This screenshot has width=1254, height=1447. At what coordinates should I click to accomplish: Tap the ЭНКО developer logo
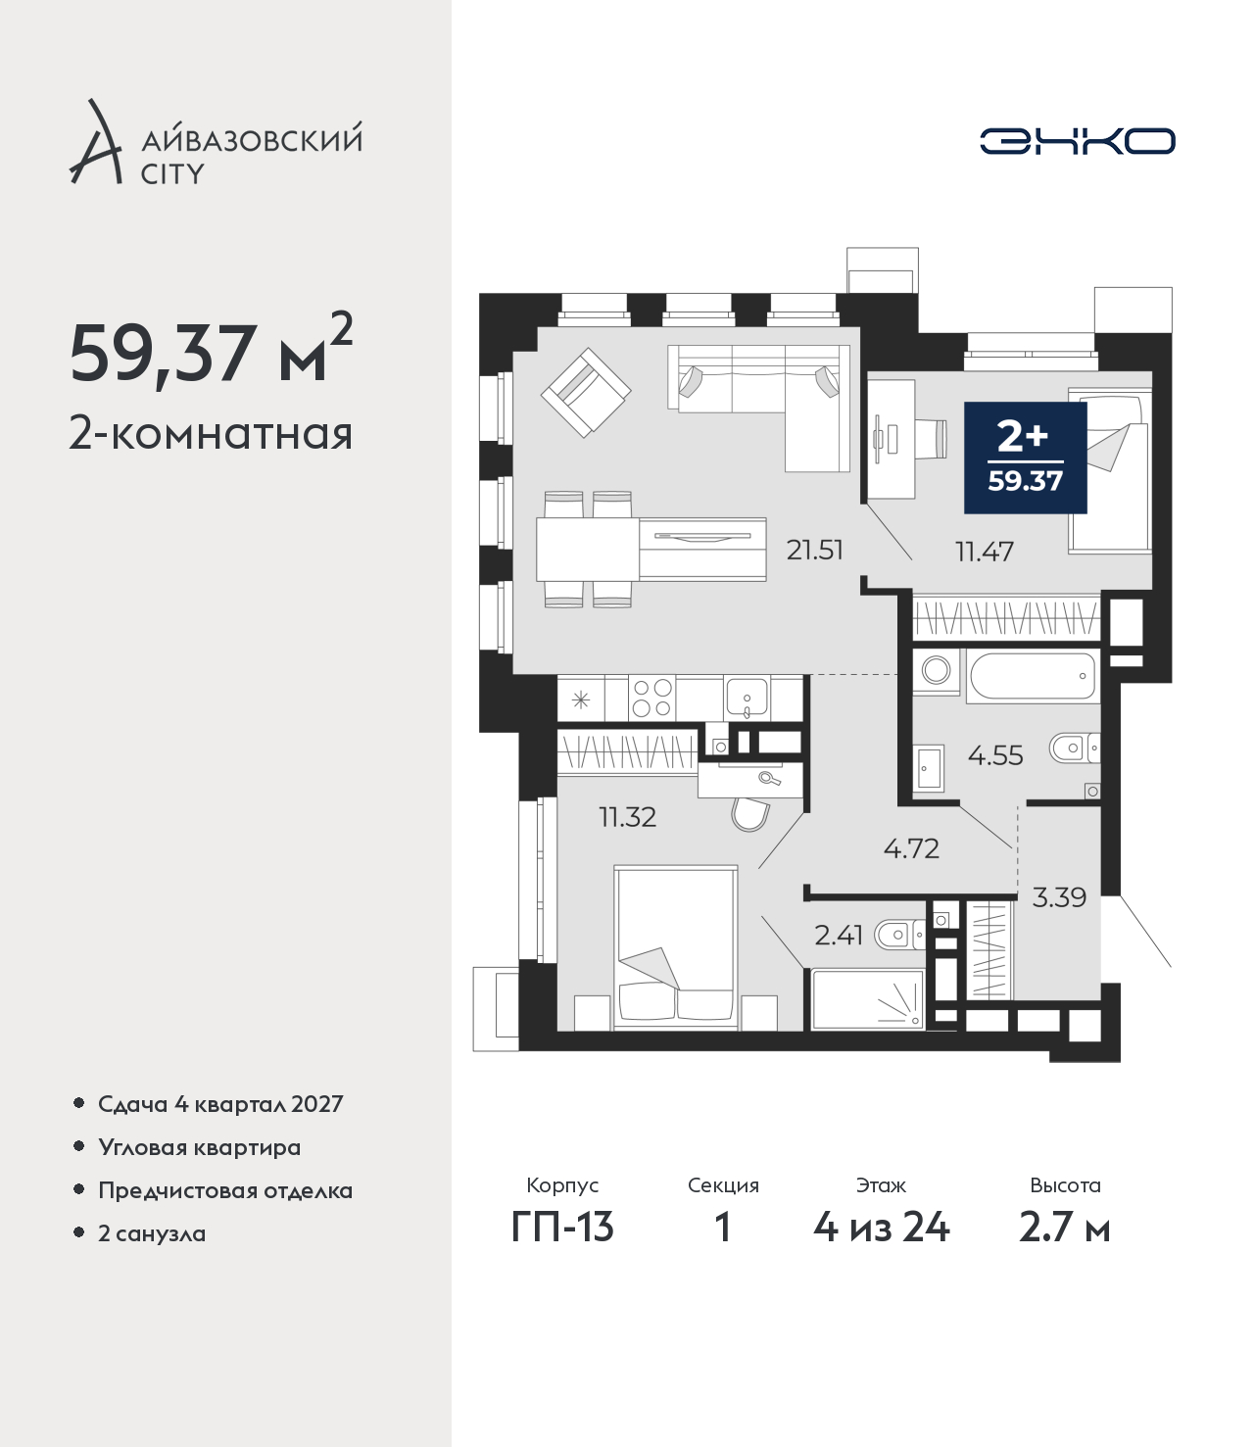[1077, 141]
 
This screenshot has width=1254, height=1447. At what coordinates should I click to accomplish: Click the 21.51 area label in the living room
[814, 551]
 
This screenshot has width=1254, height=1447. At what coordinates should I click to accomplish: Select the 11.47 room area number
[985, 552]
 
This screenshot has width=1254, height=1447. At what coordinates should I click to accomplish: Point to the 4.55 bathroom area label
[995, 755]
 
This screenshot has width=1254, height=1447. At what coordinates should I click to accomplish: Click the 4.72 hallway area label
[911, 848]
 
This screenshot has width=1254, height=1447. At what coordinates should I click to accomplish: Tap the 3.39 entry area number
[1059, 896]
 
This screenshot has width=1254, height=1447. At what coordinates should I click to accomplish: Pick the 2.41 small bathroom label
[838, 935]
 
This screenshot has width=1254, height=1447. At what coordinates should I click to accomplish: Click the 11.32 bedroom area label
[627, 817]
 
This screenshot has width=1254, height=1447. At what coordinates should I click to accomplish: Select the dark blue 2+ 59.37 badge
[1025, 458]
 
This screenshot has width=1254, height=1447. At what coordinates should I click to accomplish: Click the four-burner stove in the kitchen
[651, 698]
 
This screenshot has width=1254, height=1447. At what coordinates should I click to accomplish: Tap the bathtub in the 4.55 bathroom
[1033, 676]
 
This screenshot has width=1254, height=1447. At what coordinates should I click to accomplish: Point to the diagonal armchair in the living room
[586, 393]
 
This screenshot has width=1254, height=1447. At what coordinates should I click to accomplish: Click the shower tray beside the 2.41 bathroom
[868, 999]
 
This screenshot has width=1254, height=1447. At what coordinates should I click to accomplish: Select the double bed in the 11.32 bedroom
[676, 948]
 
